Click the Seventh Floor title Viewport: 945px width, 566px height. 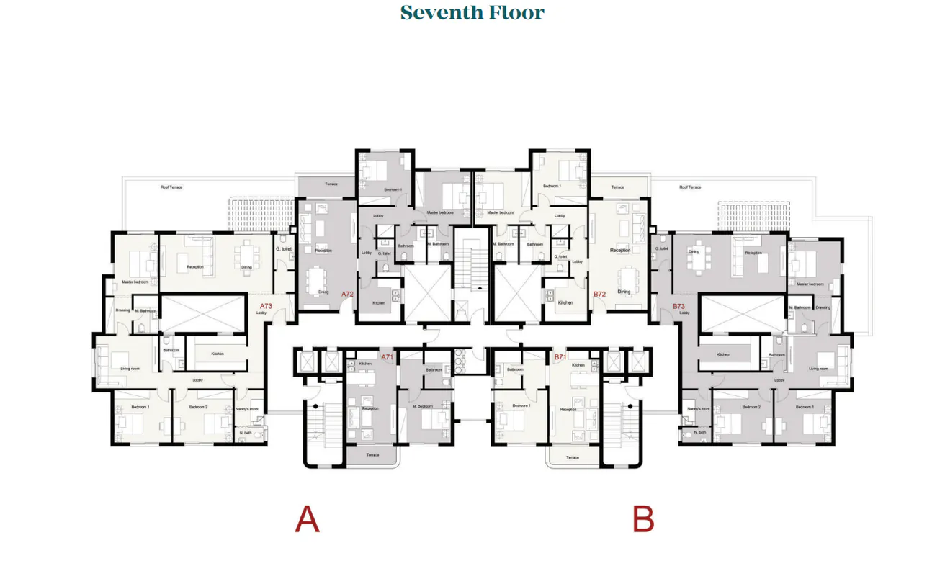(472, 13)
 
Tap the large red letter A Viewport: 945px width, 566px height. (307, 520)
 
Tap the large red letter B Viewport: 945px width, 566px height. (643, 520)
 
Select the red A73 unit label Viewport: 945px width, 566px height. (266, 306)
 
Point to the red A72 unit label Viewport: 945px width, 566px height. (348, 294)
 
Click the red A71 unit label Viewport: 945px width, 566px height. (387, 356)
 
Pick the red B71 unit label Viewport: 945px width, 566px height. (560, 356)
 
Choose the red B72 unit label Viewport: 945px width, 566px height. (599, 294)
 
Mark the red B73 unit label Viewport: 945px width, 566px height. (678, 306)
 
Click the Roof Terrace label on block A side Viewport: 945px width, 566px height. (171, 187)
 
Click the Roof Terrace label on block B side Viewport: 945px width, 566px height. (689, 187)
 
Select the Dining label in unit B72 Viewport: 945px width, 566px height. (624, 292)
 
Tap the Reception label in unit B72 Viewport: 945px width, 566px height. (619, 250)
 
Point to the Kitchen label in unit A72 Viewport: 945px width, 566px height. (379, 302)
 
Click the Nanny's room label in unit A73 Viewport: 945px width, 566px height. (248, 408)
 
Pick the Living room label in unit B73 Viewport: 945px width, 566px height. (819, 369)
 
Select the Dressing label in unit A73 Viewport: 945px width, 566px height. (122, 310)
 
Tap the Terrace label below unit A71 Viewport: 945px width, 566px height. (372, 455)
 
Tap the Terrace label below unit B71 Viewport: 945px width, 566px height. (573, 457)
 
